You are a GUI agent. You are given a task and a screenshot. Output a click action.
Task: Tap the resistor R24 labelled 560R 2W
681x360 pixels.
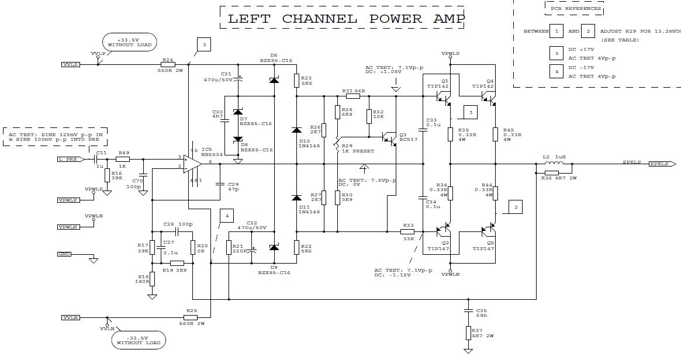[x=167, y=64]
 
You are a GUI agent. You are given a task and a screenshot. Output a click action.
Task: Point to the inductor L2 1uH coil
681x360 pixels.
[x=554, y=164]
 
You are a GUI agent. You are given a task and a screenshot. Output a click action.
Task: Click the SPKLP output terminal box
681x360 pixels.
[x=663, y=164]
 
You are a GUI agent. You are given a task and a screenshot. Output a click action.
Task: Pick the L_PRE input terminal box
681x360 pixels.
[x=68, y=159]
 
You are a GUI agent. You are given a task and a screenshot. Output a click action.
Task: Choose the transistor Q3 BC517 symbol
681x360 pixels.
[x=388, y=138]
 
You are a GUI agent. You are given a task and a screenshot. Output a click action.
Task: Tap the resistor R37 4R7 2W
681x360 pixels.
[x=468, y=333]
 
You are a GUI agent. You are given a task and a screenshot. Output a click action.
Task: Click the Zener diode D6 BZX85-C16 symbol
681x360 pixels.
[x=274, y=79]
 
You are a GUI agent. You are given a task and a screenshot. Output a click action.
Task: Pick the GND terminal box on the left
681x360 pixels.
[x=64, y=254]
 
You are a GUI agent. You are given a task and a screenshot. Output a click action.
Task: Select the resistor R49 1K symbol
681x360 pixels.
[x=123, y=159]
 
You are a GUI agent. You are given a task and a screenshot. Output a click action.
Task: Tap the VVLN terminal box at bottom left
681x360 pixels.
[x=71, y=317]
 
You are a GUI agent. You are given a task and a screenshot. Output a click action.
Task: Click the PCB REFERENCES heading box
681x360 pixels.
[x=575, y=9]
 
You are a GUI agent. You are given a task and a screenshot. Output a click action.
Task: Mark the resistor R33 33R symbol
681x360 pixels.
[x=408, y=231]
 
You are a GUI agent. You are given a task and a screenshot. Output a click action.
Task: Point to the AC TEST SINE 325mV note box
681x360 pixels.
[x=56, y=138]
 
